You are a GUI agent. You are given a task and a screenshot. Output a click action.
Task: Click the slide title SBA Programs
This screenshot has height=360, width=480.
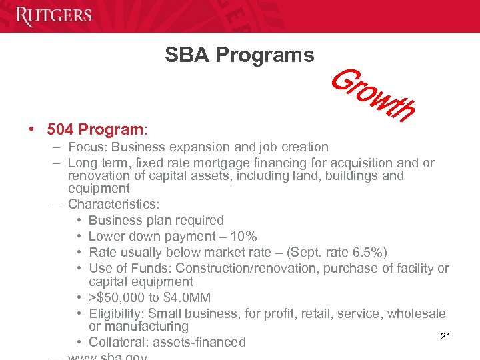tap(239, 55)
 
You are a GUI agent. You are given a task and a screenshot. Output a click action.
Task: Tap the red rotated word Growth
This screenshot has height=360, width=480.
tap(373, 97)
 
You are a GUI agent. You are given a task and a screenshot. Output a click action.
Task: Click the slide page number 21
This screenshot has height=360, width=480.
tap(445, 336)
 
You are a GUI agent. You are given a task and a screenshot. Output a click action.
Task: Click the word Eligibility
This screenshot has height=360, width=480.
tap(115, 313)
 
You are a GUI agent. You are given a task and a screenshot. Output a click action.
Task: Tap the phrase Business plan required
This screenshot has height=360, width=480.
tap(156, 220)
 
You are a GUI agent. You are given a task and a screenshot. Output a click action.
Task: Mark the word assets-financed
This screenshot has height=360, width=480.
tap(199, 342)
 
